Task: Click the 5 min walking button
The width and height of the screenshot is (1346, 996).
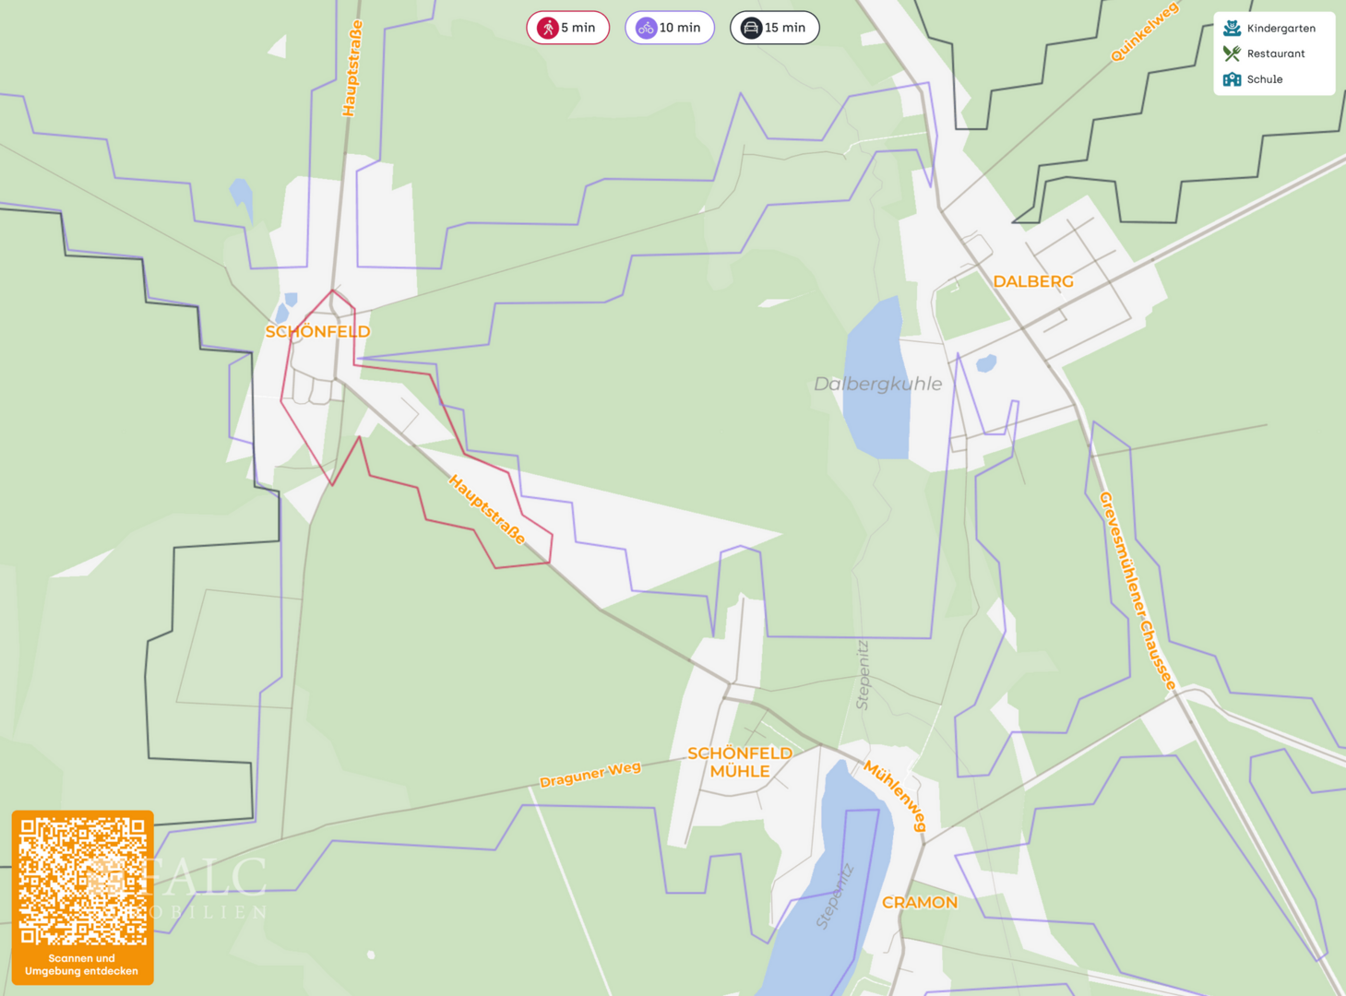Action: click(567, 28)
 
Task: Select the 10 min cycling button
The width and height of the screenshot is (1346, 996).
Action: click(670, 28)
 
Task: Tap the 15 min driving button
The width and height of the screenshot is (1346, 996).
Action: click(774, 28)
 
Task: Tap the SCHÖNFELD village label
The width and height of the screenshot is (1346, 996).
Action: click(317, 332)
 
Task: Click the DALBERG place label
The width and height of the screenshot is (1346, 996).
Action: click(1033, 281)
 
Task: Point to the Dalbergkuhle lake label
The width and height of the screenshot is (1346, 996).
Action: click(877, 384)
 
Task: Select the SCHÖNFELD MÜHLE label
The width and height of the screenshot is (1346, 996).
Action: click(740, 762)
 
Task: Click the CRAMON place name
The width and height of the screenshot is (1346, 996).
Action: click(920, 902)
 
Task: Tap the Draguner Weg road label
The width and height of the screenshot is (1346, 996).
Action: click(590, 775)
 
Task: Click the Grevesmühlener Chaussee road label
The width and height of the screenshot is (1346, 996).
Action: click(1137, 590)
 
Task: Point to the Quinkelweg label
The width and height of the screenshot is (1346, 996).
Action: click(1144, 32)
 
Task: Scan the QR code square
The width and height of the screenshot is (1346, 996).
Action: click(83, 881)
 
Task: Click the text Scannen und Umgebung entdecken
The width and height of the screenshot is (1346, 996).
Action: click(82, 965)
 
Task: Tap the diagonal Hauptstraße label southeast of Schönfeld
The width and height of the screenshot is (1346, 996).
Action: click(487, 509)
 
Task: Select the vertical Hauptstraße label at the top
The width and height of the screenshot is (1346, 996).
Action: click(351, 68)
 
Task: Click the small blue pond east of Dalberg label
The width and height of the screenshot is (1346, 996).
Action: click(986, 363)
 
